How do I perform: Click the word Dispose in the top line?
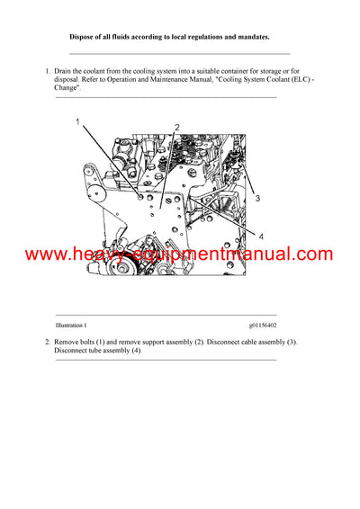85,37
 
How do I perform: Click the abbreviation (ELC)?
299,79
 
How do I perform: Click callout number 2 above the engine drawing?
177,128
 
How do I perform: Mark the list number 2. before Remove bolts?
48,343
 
